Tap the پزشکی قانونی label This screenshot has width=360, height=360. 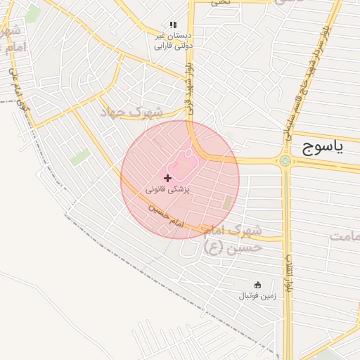pos(168,190)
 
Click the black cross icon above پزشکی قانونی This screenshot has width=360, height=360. pos(167,179)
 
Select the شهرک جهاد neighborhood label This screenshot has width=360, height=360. pos(131,112)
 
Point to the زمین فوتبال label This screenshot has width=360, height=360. pos(257,296)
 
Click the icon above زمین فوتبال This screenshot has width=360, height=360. pos(257,285)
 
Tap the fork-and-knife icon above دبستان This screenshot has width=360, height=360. pos(173,25)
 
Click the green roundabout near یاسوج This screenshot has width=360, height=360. pos(285,161)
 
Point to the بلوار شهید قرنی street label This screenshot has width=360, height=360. pos(190,87)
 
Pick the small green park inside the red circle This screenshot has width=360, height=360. pos(228,202)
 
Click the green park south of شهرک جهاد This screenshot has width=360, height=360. pos(80,157)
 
